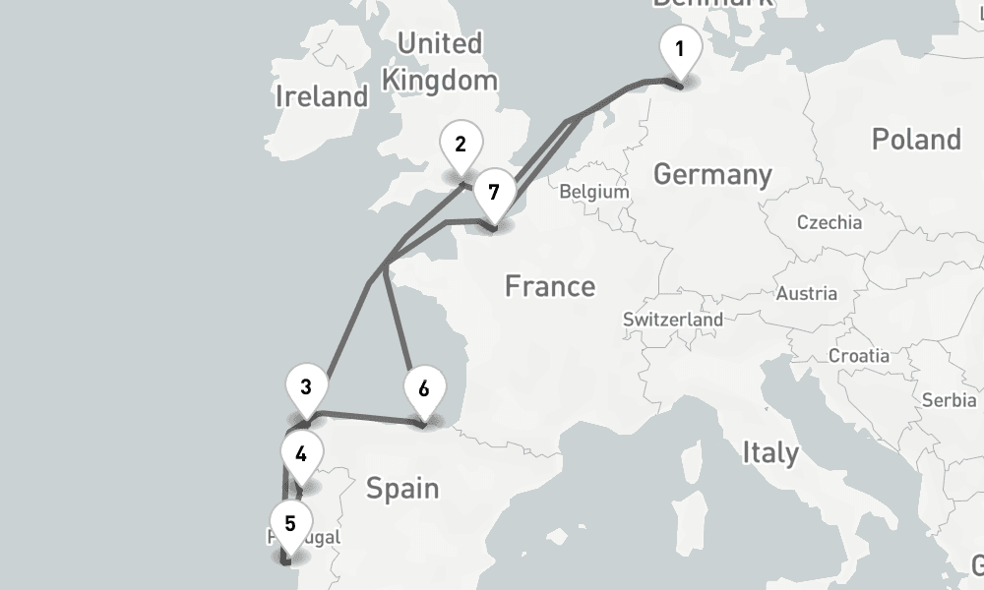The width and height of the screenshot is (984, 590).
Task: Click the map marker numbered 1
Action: click(679, 49)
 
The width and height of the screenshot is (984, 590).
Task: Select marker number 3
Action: click(306, 388)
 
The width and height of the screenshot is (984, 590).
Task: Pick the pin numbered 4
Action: click(300, 455)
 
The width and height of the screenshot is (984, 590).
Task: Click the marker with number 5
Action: click(289, 524)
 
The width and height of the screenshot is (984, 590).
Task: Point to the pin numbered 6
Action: click(423, 389)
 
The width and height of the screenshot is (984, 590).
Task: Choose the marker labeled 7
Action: click(493, 191)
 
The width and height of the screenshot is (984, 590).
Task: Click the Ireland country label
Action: click(322, 96)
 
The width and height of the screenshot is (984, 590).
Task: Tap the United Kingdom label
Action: click(439, 61)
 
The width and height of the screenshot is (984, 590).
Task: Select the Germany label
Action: click(712, 175)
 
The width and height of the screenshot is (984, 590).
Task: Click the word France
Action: click(550, 286)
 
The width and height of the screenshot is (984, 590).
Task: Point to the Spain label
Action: click(401, 488)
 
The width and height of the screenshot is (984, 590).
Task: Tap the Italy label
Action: click(770, 453)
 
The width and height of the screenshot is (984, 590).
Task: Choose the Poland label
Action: click(915, 140)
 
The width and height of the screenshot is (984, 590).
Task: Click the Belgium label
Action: click(593, 192)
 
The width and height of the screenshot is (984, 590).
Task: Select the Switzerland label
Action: click(673, 320)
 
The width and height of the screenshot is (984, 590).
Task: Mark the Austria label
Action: click(806, 293)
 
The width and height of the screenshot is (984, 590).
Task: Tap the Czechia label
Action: click(829, 222)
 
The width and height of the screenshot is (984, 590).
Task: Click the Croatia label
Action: click(859, 356)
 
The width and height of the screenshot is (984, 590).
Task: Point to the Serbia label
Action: click(949, 400)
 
